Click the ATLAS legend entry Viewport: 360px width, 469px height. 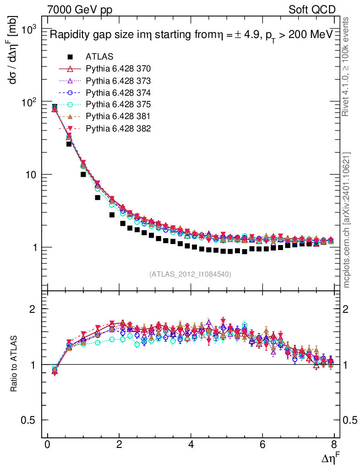99,57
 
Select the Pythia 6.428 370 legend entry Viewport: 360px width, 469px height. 118,69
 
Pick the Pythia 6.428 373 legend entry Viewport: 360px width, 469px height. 118,81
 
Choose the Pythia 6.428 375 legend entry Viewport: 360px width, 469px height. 118,104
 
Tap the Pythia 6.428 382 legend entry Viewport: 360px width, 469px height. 118,128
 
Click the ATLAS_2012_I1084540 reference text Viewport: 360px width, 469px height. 190,274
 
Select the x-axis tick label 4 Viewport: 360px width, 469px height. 191,444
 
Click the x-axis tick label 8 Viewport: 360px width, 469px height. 334,444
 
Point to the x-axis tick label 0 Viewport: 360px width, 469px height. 47,444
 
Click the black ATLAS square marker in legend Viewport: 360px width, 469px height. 70,57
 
